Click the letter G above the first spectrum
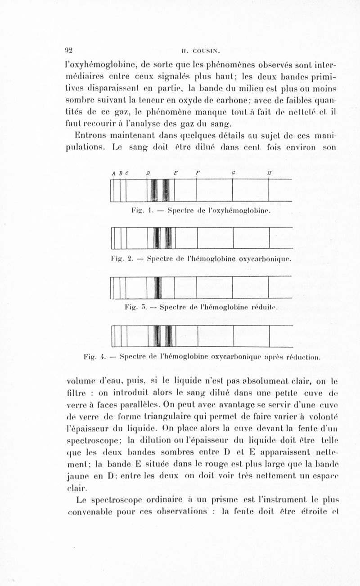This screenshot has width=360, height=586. point(233,173)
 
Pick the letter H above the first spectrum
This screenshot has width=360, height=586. point(269,173)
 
